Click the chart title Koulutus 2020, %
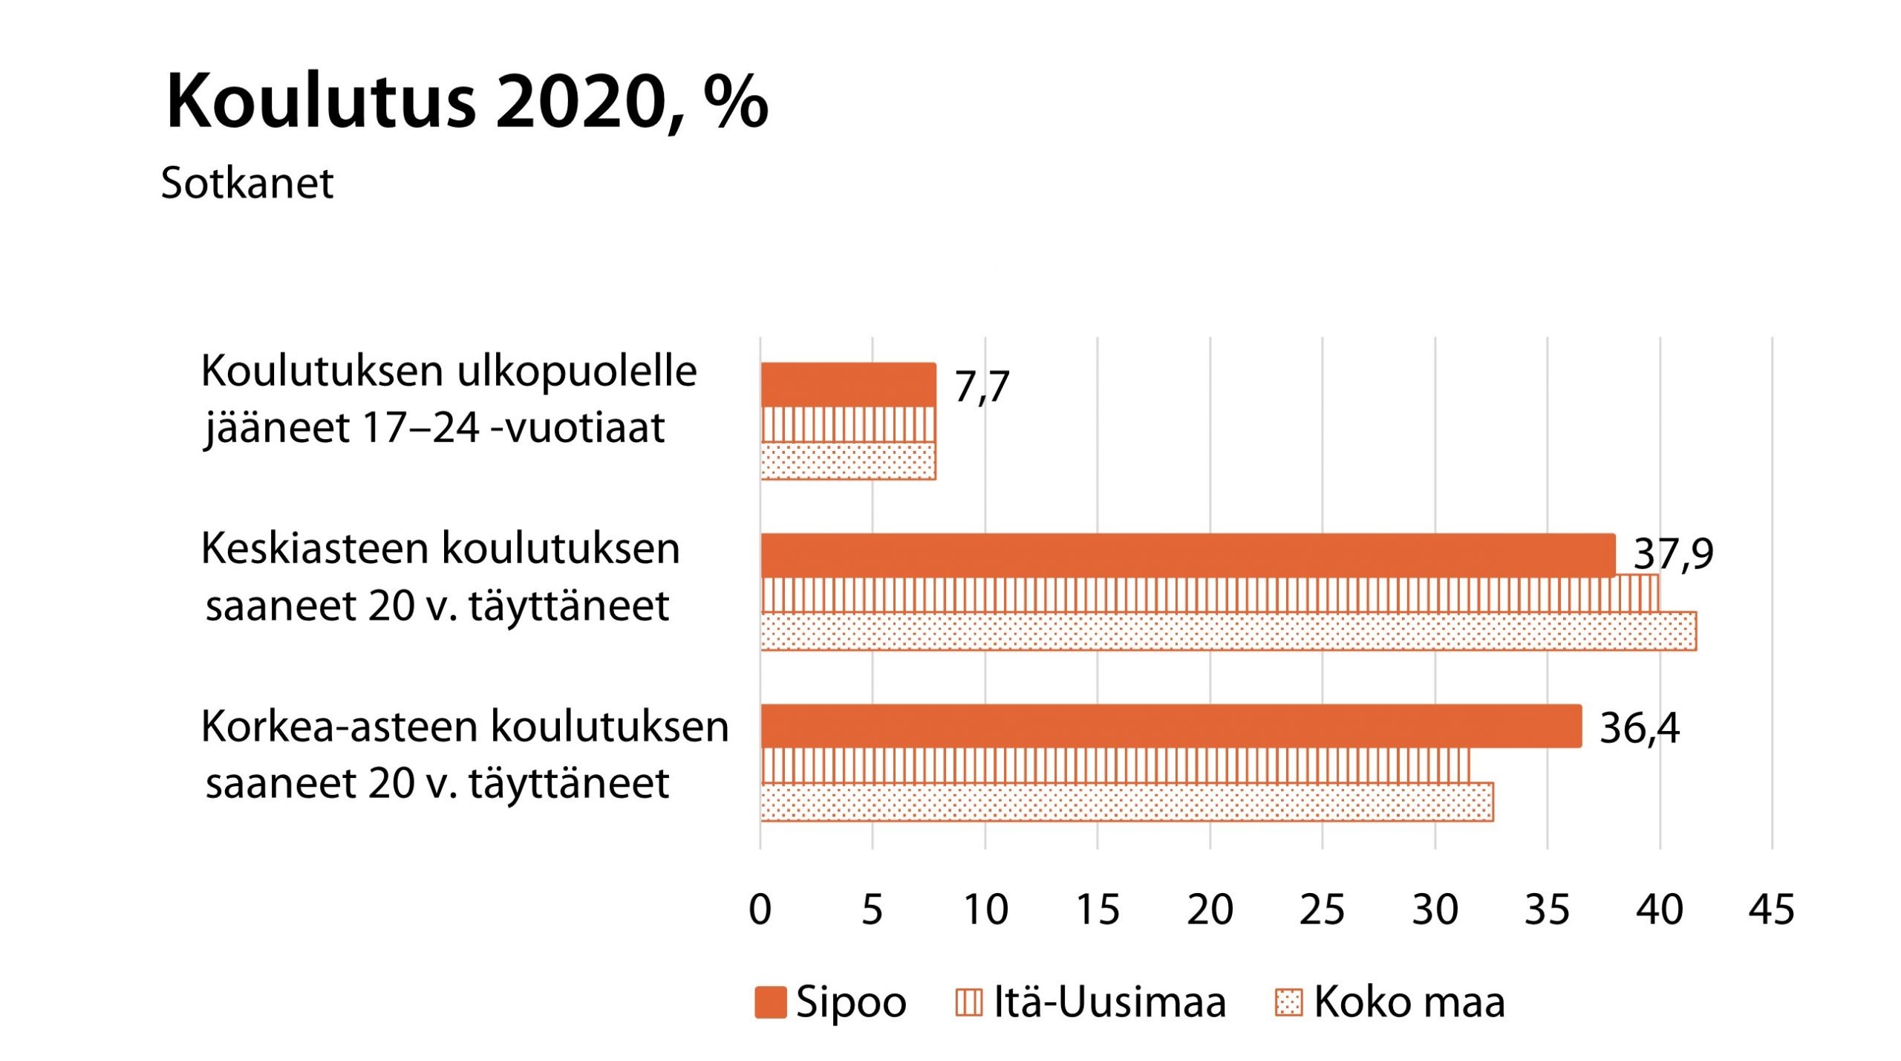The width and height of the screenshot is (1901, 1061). [466, 102]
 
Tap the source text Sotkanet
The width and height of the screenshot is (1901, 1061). [247, 183]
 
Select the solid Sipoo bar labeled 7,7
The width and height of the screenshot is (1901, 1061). [847, 385]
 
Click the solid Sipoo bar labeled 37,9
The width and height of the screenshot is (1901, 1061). [1187, 555]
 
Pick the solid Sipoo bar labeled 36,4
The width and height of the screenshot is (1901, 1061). [1170, 726]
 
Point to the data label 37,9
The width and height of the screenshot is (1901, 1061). [1673, 554]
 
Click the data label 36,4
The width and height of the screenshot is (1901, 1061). [1639, 727]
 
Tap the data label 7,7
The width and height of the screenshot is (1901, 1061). [982, 386]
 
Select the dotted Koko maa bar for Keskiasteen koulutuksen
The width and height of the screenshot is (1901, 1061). [1228, 632]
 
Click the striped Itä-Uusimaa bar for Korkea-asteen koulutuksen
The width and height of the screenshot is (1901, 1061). [1115, 765]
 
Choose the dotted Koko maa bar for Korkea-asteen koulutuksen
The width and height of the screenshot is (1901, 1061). [1126, 802]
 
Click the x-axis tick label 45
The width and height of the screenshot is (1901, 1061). [1771, 909]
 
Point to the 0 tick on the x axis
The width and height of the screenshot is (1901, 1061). [760, 909]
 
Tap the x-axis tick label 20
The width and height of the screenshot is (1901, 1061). [1210, 909]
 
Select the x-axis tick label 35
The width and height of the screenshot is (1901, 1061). [1547, 909]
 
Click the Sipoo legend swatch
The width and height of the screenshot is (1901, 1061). [770, 1002]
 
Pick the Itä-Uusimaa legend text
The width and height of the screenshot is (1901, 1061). [1109, 1002]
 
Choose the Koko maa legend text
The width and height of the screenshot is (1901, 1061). [1409, 1002]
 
